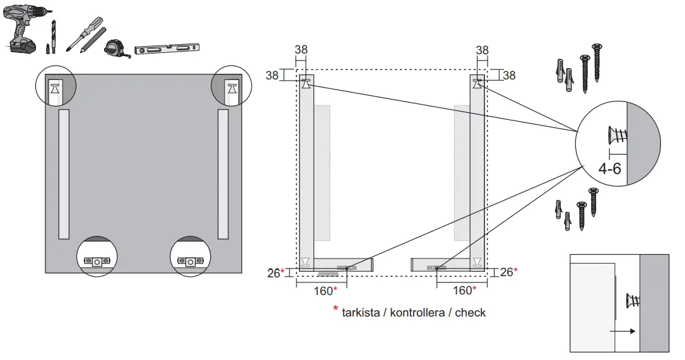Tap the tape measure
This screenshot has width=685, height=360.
pyautogui.click(x=117, y=49)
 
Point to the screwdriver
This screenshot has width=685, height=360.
pyautogui.click(x=85, y=32)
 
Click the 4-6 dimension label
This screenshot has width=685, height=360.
pyautogui.click(x=611, y=168)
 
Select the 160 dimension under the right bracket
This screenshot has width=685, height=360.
pyautogui.click(x=464, y=290)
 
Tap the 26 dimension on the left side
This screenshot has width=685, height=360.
pyautogui.click(x=273, y=272)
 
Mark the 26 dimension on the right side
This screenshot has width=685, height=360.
pyautogui.click(x=507, y=272)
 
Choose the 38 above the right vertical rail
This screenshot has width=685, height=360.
pyautogui.click(x=482, y=50)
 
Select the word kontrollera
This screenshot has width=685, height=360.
pyautogui.click(x=417, y=312)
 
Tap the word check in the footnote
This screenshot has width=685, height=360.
pyautogui.click(x=471, y=312)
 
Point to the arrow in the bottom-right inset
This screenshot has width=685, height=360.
pyautogui.click(x=623, y=330)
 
